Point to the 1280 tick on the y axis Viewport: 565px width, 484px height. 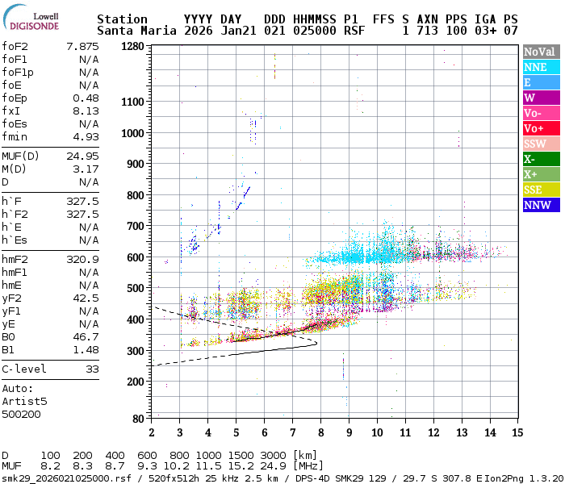132,47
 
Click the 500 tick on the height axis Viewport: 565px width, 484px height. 135,288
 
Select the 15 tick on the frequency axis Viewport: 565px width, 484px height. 517,432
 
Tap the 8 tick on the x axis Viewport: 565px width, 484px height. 320,432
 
